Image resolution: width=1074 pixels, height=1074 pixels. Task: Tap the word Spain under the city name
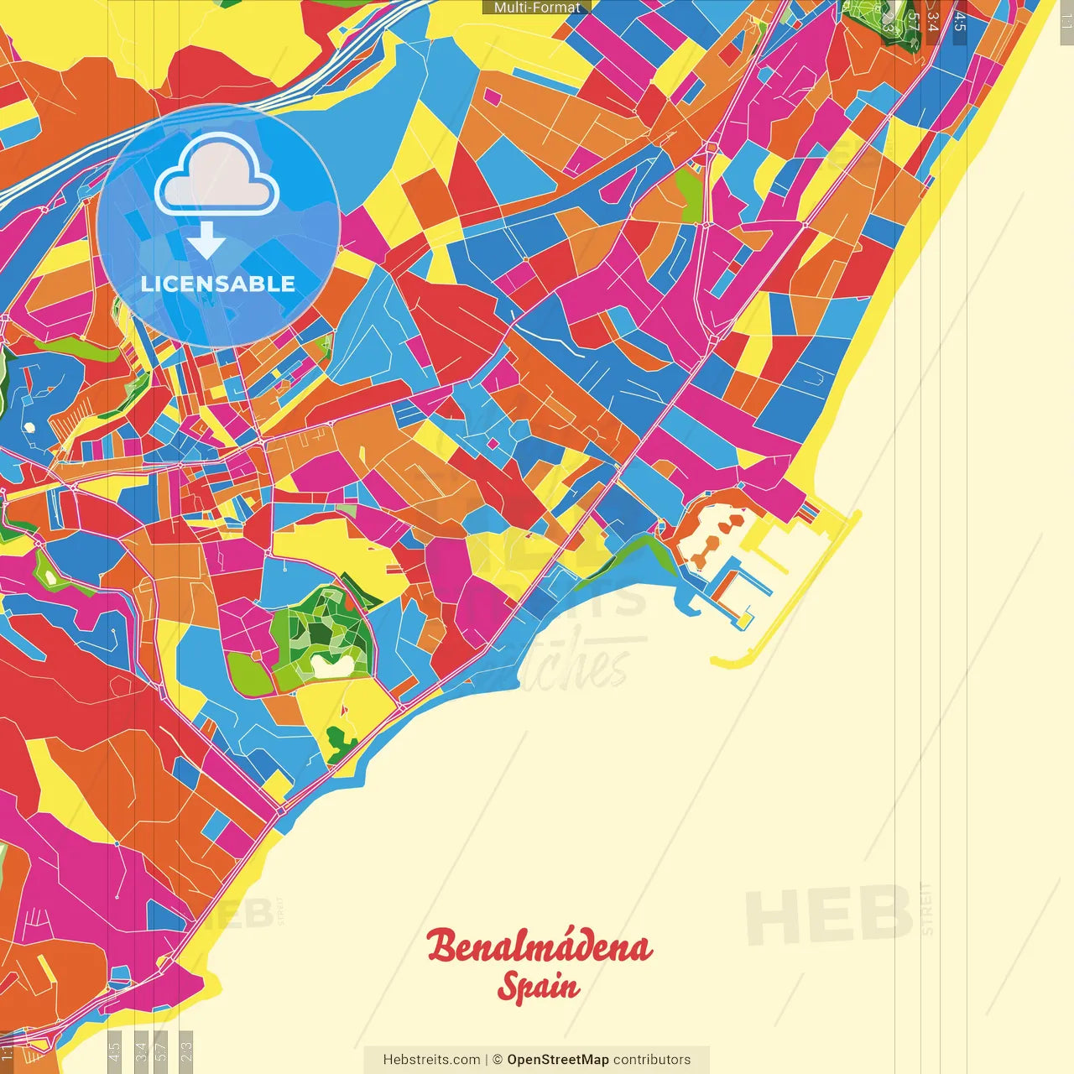click(x=538, y=987)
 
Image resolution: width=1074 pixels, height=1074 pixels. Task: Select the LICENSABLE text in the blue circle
click(x=217, y=284)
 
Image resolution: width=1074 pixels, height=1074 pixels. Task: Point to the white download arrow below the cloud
click(x=206, y=241)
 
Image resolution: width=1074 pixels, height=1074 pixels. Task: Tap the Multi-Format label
click(x=536, y=8)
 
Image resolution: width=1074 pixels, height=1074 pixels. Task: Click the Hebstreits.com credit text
click(x=431, y=1060)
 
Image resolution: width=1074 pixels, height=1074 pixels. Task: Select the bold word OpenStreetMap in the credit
click(x=557, y=1060)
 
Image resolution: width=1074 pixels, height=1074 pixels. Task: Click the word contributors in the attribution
click(x=652, y=1060)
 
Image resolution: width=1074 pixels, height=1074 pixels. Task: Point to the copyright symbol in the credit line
click(x=497, y=1060)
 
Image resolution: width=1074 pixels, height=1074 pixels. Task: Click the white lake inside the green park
click(x=332, y=665)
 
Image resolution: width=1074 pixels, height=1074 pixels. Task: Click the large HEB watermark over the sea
click(x=827, y=914)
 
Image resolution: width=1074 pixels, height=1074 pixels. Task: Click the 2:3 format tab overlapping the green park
click(x=888, y=22)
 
